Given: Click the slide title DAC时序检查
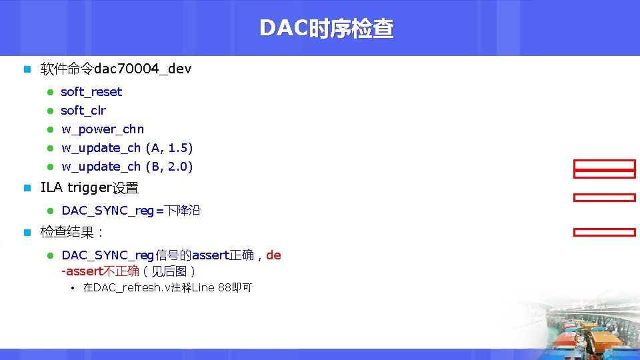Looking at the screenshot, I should tap(326, 29).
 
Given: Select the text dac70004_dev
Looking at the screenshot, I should tap(143, 69).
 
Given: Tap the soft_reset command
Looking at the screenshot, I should tap(91, 92).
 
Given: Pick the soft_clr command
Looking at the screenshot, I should tap(83, 111).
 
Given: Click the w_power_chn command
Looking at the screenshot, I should tap(103, 129).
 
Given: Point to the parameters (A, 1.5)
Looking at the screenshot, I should tap(169, 148).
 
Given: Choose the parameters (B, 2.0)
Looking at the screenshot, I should tap(169, 167).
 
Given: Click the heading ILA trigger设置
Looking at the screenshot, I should tap(89, 189).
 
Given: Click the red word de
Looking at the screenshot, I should tap(273, 255).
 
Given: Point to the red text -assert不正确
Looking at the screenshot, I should tap(100, 271).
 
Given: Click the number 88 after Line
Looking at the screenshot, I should tap(225, 288).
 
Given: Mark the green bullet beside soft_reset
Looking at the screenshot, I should tap(49, 92).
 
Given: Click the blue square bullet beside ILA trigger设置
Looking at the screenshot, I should tap(27, 189).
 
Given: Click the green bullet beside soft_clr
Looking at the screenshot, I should tap(49, 111).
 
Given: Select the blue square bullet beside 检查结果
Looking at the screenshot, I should tap(27, 233).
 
